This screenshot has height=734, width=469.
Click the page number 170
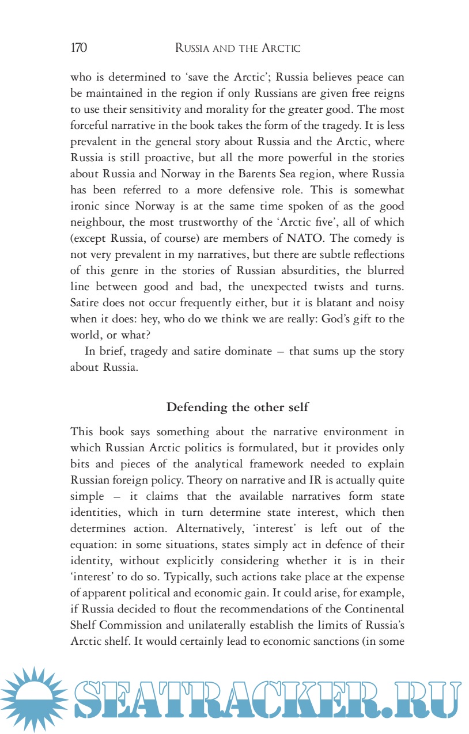coord(79,48)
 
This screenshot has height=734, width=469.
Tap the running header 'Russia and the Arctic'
coord(237,48)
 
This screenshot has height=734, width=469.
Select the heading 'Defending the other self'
coord(237,408)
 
